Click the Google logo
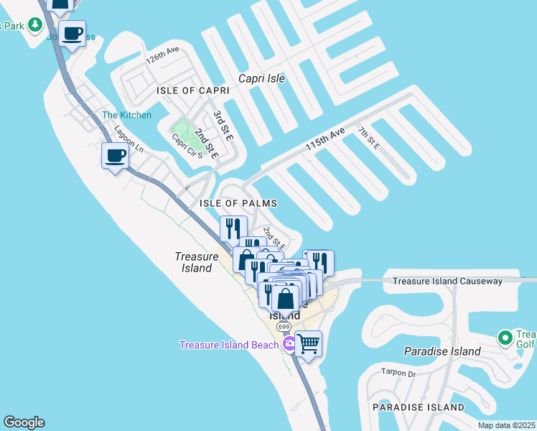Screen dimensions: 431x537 point(24,422)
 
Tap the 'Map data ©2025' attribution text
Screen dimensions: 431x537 point(506,425)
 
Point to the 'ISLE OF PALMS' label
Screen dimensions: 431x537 point(238,203)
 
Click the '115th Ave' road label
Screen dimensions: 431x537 point(325,139)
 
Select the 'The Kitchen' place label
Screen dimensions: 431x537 point(126,115)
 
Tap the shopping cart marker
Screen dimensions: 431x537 point(308,344)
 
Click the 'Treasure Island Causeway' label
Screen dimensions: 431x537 point(447,281)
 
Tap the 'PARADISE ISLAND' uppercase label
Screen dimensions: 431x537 point(418,407)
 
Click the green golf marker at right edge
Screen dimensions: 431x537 point(505,338)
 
